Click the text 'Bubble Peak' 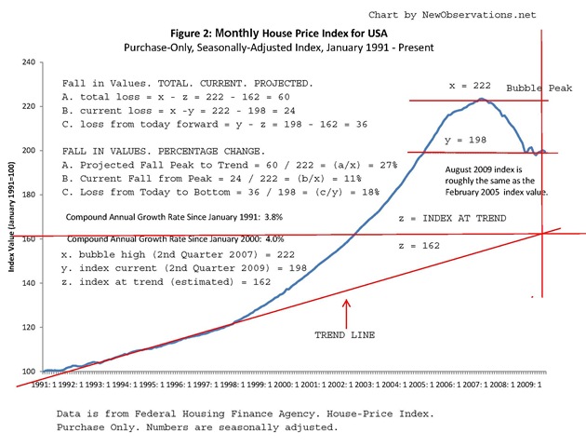tap(539, 88)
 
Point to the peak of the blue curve tap(482, 98)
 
